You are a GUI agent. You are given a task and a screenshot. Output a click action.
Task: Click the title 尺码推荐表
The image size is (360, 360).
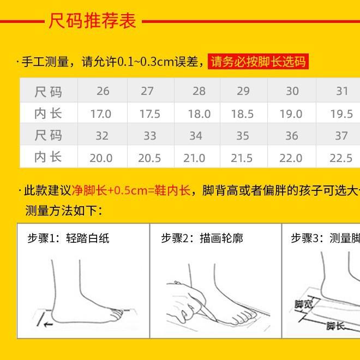[x=92, y=22]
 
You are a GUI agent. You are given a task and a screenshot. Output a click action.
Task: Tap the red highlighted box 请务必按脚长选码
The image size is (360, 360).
[x=259, y=61]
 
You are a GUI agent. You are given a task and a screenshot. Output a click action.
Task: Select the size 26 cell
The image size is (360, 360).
[x=103, y=91]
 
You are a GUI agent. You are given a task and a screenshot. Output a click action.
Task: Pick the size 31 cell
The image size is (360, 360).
[x=341, y=91]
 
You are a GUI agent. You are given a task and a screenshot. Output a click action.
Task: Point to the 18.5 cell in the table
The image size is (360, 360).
[x=242, y=114]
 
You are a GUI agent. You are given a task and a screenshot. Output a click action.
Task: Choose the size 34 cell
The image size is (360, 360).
[x=195, y=136]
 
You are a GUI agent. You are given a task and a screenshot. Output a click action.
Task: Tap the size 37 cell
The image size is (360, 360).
[x=341, y=136]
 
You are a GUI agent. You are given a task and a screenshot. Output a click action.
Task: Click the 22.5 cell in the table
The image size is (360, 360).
[x=341, y=158]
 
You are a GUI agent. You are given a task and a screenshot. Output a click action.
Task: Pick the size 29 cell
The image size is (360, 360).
[x=243, y=91]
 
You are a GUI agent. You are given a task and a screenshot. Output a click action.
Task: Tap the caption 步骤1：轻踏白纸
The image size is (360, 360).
[x=68, y=238]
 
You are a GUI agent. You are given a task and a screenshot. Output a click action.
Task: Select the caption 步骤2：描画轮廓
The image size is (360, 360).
[x=202, y=238]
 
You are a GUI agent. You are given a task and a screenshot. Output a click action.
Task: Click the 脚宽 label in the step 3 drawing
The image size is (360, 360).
[x=303, y=305]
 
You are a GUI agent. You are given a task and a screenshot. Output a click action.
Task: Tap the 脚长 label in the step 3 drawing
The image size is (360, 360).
[x=335, y=326]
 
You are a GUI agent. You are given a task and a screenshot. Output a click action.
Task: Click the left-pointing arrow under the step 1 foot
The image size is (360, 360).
[x=48, y=324]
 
